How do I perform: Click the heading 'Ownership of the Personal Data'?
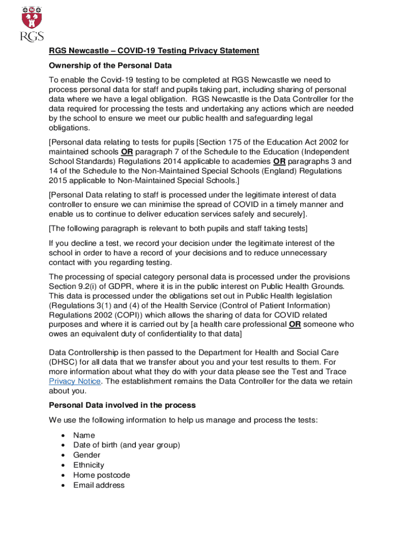pyautogui.click(x=110, y=65)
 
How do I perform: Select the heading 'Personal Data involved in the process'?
pyautogui.click(x=122, y=405)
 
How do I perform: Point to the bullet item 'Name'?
pyautogui.click(x=84, y=435)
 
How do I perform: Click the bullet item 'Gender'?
pyautogui.click(x=87, y=455)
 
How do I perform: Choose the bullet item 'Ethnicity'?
pyautogui.click(x=89, y=465)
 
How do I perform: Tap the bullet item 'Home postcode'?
pyautogui.click(x=101, y=475)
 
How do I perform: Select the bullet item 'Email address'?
pyautogui.click(x=99, y=485)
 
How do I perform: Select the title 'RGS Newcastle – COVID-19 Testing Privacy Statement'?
pyautogui.click(x=154, y=50)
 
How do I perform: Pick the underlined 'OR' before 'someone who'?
pyautogui.click(x=294, y=324)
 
